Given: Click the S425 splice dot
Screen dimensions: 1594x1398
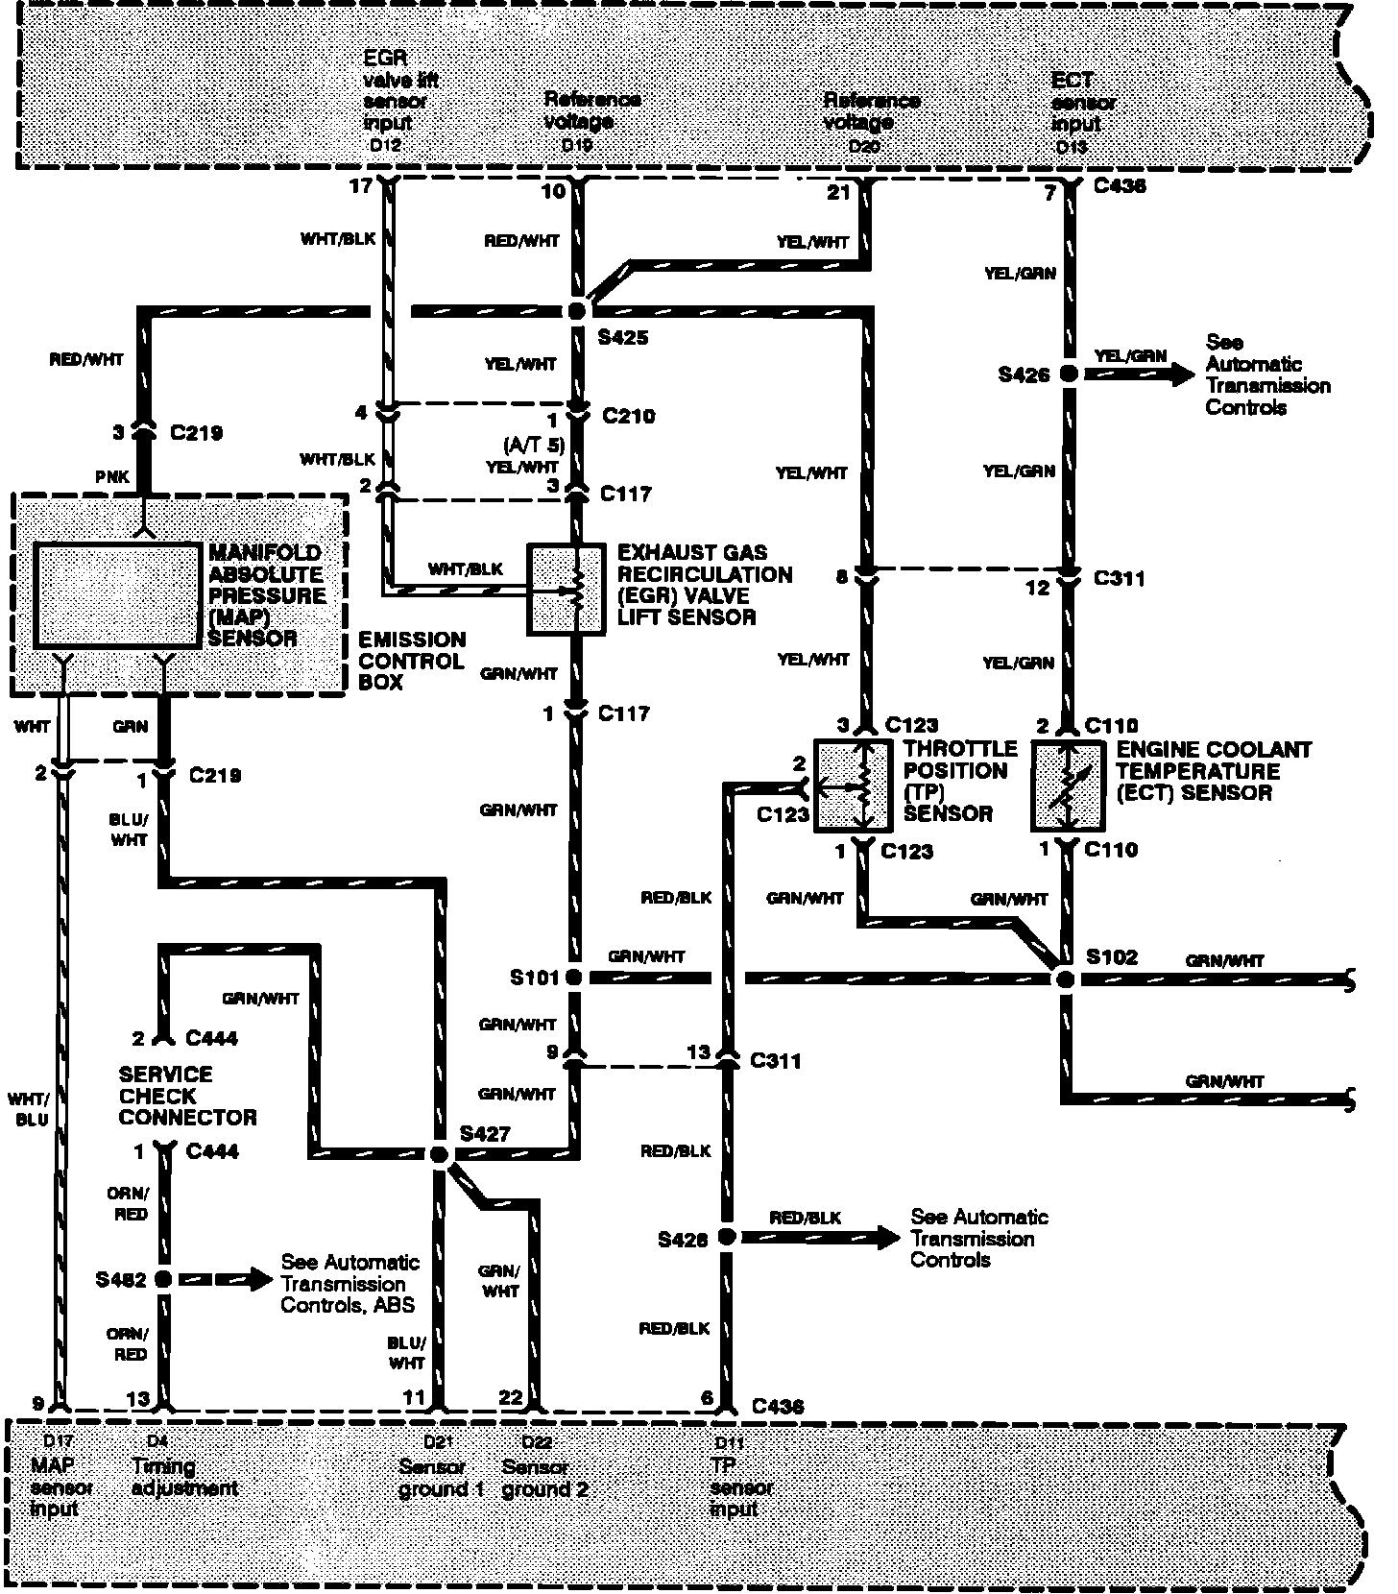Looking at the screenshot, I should [577, 311].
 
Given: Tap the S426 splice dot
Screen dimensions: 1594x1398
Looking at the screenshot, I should [1068, 374].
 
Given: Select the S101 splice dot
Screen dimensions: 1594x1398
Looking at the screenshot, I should [574, 978].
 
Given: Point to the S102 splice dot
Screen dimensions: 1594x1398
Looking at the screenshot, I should [1064, 978].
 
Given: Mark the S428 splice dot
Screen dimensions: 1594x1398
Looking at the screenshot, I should [727, 1238].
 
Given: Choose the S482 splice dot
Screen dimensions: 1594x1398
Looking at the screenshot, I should [163, 1279].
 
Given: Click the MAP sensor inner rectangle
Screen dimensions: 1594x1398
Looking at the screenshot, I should [117, 595].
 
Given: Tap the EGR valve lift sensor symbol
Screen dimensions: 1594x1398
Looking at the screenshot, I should [567, 590].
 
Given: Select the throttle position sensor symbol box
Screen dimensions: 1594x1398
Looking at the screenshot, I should [854, 785].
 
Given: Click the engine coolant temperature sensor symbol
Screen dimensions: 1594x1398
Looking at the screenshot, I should [1068, 785].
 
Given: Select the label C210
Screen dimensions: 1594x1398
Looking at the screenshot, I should [628, 416].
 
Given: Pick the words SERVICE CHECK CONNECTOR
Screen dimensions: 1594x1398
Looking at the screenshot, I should [187, 1096].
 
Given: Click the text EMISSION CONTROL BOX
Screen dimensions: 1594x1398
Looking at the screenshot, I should [411, 661].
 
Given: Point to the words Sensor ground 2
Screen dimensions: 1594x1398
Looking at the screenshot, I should [543, 1479].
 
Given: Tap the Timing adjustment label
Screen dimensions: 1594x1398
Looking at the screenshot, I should [183, 1478].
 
